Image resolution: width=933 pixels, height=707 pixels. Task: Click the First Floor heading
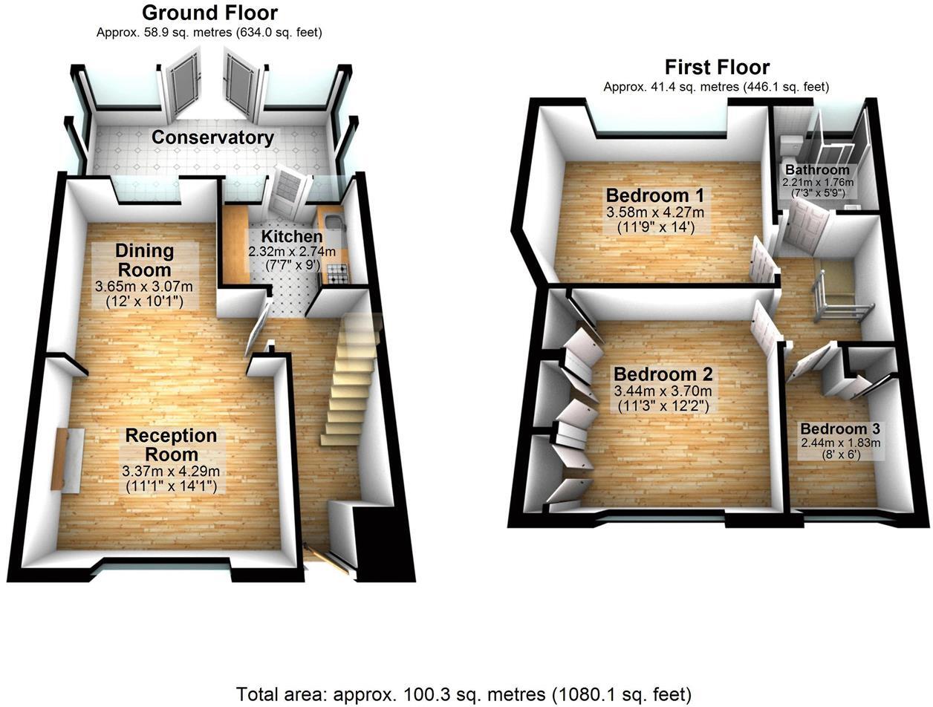coord(716,67)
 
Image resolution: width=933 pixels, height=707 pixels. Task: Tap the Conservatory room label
coord(212,137)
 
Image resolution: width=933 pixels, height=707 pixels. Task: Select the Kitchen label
coord(291,237)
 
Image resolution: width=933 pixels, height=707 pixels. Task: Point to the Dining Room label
coord(144,260)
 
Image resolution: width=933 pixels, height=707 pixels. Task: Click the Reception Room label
coord(171,444)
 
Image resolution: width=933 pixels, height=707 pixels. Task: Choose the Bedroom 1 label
coord(655,195)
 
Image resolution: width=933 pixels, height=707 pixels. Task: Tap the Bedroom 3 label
coord(839,429)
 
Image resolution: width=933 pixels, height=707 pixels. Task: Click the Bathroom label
coord(817,170)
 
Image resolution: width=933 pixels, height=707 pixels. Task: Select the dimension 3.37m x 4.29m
coord(172,471)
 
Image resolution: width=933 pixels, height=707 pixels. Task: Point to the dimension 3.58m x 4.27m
coord(655,212)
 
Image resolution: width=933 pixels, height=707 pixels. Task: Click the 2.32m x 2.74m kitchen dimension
coord(291,252)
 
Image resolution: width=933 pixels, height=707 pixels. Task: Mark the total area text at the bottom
coord(464,694)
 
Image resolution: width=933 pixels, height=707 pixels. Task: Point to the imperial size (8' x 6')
coord(839,454)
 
